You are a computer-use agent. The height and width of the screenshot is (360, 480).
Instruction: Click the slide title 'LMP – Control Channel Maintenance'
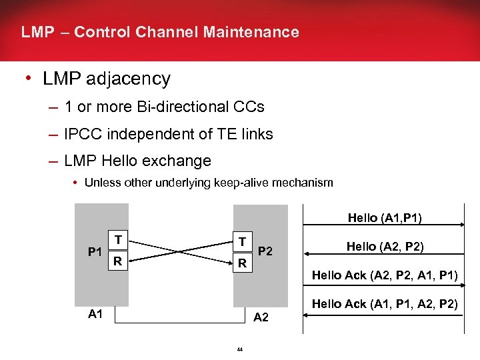(160, 32)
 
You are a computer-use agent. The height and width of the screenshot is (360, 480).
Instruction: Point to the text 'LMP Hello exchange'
(137, 161)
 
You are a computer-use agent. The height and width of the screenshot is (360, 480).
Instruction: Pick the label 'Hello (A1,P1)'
(385, 217)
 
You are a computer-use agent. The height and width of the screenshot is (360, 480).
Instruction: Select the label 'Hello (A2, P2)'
(385, 246)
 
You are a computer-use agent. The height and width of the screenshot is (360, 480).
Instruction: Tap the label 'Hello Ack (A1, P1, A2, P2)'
(385, 304)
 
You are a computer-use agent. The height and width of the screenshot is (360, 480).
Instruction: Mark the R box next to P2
(243, 264)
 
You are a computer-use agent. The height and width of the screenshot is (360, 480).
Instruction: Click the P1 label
(95, 251)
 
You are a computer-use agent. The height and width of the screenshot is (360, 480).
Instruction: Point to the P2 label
(265, 251)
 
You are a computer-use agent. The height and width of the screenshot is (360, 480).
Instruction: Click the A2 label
(261, 317)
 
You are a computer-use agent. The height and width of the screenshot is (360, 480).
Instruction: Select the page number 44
(239, 349)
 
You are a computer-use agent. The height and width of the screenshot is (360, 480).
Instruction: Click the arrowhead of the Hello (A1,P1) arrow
(461, 227)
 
